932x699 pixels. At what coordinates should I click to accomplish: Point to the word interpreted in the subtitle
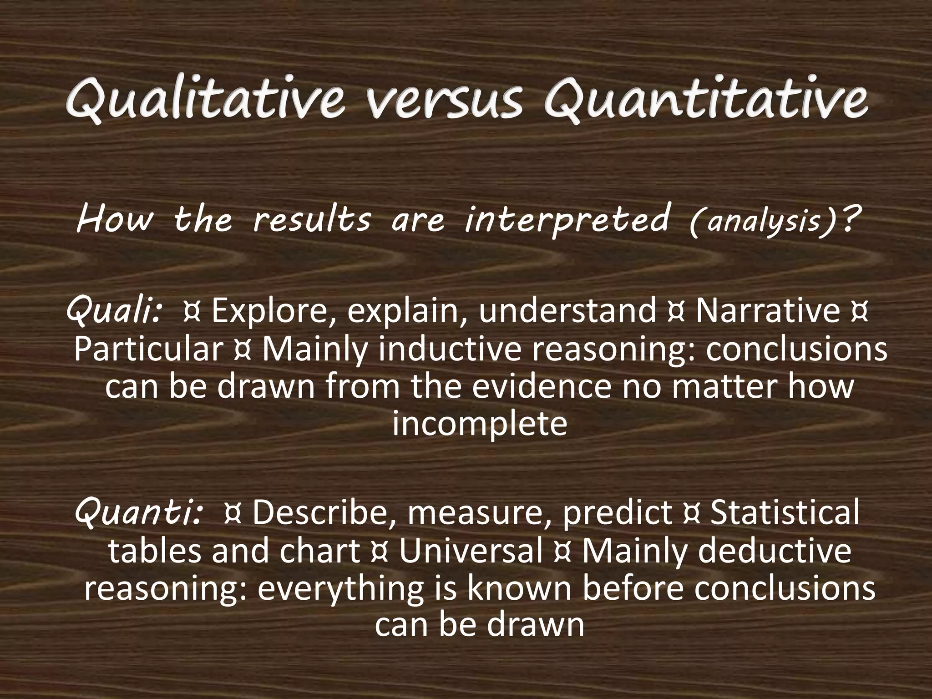pyautogui.click(x=566, y=218)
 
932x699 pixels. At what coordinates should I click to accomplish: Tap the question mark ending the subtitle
pyautogui.click(x=845, y=218)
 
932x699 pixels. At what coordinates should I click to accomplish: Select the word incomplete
pyautogui.click(x=479, y=425)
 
